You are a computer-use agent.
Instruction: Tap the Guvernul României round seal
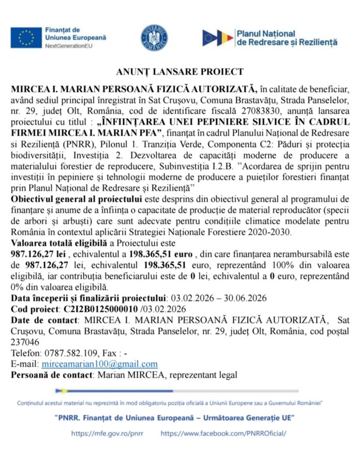coord(154,38)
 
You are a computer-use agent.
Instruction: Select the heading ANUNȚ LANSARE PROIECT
coord(179,72)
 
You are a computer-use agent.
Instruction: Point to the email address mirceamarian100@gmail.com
coord(99,364)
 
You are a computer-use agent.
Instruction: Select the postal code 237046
coord(24,342)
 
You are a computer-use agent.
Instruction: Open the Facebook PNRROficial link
coord(223,433)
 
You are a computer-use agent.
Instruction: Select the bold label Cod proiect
coord(34,309)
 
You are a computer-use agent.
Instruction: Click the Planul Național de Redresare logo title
coord(286,37)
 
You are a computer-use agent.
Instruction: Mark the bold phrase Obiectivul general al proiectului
coord(77,199)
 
